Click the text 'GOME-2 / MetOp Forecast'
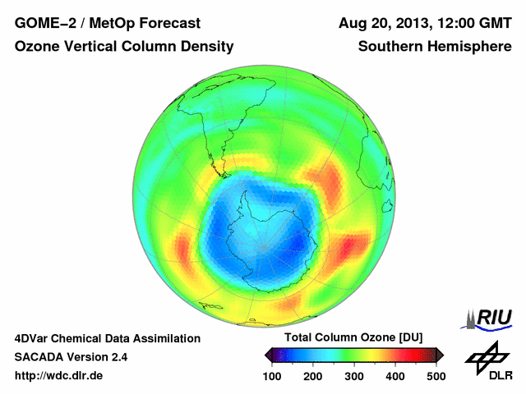click(107, 22)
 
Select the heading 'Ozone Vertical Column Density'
click(124, 48)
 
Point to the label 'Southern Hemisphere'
click(435, 48)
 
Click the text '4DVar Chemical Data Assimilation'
click(107, 338)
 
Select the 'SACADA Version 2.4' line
click(71, 357)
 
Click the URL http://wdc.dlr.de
click(59, 376)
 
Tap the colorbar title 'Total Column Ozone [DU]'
click(353, 338)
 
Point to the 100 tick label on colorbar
click(272, 375)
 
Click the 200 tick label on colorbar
click(313, 375)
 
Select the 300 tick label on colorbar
click(354, 375)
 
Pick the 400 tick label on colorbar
click(395, 375)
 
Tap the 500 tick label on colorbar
click(436, 375)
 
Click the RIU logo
click(488, 318)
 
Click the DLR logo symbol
click(487, 355)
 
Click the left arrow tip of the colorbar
click(266, 355)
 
